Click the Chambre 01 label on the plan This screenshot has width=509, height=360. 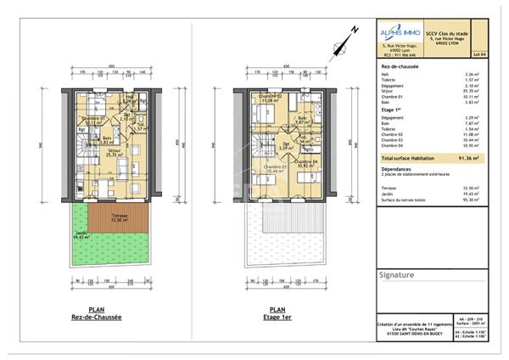pyautogui.click(x=91, y=120)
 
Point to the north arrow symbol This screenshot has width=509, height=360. pyautogui.click(x=342, y=39)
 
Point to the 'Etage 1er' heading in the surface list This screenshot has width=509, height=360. pyautogui.click(x=393, y=110)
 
